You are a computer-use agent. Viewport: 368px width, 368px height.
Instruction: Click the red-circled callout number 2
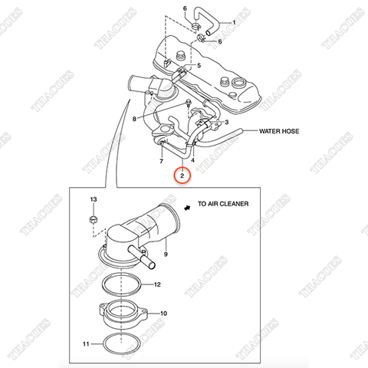pos(182,176)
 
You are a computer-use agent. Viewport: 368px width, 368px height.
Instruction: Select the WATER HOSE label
pos(279,131)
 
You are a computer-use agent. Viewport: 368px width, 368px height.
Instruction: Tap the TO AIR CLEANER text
pos(223,204)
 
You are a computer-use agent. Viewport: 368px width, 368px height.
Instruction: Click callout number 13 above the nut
pos(94,199)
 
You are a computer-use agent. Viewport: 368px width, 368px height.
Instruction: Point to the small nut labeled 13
pos(94,219)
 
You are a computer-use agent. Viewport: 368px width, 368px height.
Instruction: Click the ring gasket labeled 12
pos(122,284)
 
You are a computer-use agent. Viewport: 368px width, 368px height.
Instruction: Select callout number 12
pos(157,284)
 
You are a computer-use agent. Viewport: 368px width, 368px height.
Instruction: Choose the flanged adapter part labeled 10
pos(123,314)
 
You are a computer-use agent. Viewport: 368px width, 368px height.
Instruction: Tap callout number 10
pos(163,314)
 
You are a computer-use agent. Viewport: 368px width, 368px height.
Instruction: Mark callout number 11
pos(86,344)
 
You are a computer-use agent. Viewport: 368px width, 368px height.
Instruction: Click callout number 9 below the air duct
pos(166,254)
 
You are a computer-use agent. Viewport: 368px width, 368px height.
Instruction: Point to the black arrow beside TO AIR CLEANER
pos(188,208)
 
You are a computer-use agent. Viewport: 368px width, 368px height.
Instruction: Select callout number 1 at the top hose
pos(234,22)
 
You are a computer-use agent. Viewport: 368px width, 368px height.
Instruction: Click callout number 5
pos(199,65)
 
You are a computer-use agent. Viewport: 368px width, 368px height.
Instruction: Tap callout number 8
pos(134,119)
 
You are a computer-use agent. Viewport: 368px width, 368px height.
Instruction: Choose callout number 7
pos(161,161)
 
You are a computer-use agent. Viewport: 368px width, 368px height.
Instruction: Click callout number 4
pos(192,160)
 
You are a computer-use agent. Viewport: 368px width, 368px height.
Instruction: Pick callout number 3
pos(226,122)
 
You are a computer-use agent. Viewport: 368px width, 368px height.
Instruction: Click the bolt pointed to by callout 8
pos(189,102)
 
